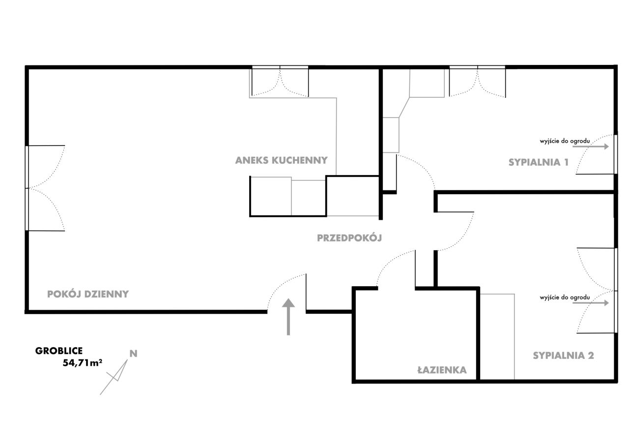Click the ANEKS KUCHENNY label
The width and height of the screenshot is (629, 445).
(x=282, y=160)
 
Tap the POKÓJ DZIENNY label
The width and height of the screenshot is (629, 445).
(x=88, y=294)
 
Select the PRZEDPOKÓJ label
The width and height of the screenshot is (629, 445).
(x=349, y=238)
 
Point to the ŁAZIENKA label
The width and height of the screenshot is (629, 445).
(x=442, y=369)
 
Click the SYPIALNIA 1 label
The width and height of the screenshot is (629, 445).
(x=539, y=162)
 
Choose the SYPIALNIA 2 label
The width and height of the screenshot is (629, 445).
(x=563, y=356)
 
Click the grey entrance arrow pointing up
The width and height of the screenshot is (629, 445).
(x=288, y=317)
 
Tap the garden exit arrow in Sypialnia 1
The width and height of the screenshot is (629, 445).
(x=591, y=147)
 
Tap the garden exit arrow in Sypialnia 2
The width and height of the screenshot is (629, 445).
(x=591, y=303)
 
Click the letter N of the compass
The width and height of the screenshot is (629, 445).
(x=133, y=354)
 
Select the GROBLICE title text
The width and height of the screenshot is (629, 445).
(x=59, y=351)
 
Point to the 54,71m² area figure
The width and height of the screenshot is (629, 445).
(x=82, y=363)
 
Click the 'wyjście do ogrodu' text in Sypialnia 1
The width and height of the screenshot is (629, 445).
(x=565, y=141)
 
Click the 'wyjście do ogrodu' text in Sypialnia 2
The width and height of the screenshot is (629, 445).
(x=565, y=297)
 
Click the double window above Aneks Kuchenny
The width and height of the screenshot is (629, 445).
(x=280, y=81)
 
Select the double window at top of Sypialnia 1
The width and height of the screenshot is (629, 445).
(x=477, y=81)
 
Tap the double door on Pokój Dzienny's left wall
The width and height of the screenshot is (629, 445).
(x=45, y=188)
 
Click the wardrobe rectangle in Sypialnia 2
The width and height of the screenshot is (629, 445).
(x=497, y=336)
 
